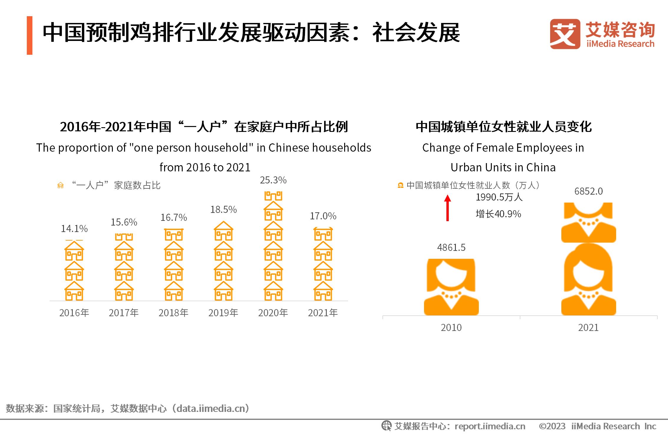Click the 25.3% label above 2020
[x=273, y=180]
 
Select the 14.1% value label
[x=74, y=228]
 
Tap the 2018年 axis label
[x=173, y=313]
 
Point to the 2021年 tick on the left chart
[x=323, y=313]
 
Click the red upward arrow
[x=447, y=208]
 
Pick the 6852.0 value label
[x=588, y=191]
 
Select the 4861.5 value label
[x=451, y=248]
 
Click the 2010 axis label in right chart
[x=451, y=328]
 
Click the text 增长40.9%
[x=498, y=214]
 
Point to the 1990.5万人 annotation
[x=499, y=197]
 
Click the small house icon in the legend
[x=60, y=185]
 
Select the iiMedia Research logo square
[x=565, y=34]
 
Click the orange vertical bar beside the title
[x=29, y=35]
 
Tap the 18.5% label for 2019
[x=223, y=210]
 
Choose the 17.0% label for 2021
[x=323, y=216]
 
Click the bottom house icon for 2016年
[x=74, y=291]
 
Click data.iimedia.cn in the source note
[x=211, y=409]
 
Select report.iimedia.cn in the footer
[x=490, y=426]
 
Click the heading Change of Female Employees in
[x=503, y=148]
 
